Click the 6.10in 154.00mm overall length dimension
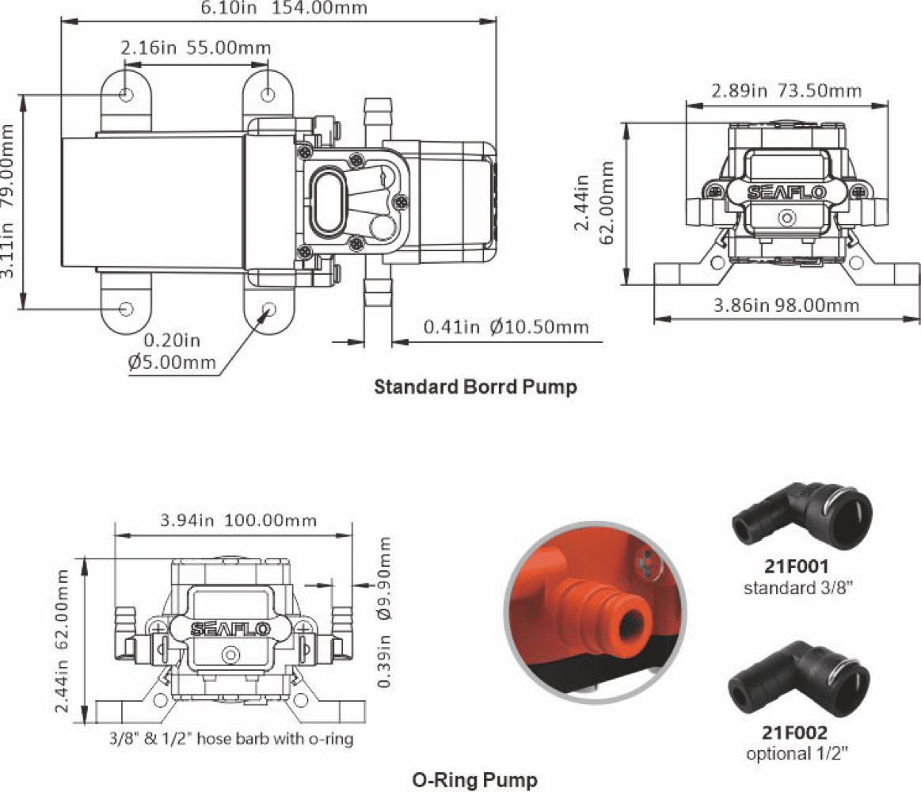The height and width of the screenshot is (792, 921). point(284,8)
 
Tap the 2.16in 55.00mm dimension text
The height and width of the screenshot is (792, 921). point(196,48)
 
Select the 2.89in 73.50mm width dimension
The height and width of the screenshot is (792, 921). point(786,90)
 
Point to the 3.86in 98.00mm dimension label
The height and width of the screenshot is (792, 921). point(786,306)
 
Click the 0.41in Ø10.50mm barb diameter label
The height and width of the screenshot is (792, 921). point(506,326)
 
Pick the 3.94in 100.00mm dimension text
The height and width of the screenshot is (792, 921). point(238,520)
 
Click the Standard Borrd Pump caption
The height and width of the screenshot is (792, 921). point(476,386)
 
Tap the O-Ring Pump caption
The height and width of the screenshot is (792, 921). point(475,779)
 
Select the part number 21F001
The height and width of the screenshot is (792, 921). point(797,566)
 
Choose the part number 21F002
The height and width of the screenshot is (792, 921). point(795,733)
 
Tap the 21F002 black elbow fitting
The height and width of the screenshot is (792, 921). point(799,679)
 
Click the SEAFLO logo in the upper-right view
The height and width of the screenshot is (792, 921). point(786,192)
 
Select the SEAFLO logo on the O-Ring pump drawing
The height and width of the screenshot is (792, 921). point(230,630)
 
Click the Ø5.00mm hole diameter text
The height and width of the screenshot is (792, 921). point(172,362)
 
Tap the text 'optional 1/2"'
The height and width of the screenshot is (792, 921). point(797,753)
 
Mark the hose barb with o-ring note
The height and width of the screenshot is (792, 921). point(231,738)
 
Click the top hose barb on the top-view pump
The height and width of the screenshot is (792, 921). point(378,120)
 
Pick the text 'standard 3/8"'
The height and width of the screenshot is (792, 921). point(797,588)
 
